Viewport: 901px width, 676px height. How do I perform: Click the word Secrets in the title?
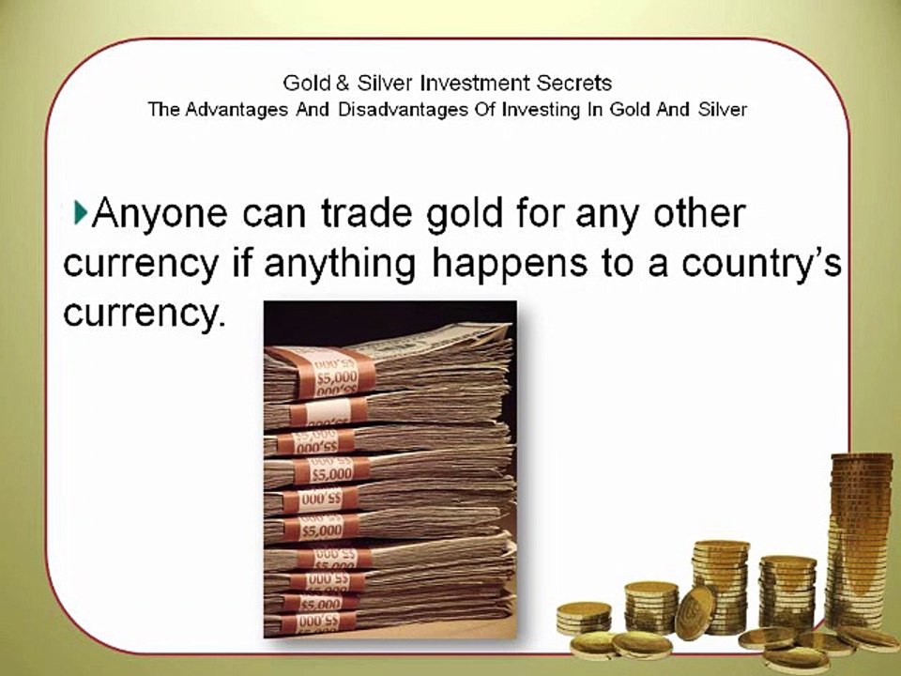[x=573, y=84]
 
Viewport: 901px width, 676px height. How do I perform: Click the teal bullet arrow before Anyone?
[x=80, y=213]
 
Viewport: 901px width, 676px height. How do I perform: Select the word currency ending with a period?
[x=145, y=314]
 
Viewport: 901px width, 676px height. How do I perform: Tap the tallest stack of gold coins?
[x=859, y=540]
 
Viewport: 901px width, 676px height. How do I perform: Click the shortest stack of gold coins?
[x=584, y=616]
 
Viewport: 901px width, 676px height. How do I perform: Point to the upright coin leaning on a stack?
[x=696, y=611]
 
